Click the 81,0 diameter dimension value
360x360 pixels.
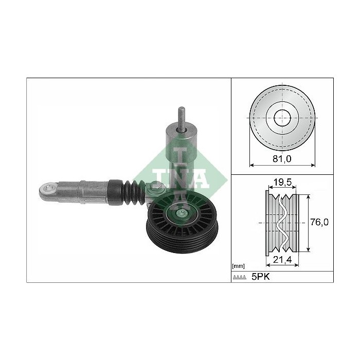pyautogui.click(x=281, y=159)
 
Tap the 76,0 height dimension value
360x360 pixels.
pyautogui.click(x=320, y=222)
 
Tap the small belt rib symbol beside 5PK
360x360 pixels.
pyautogui.click(x=240, y=277)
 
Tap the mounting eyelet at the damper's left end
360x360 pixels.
pyautogui.click(x=47, y=190)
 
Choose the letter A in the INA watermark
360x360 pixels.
pyautogui.click(x=200, y=177)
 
